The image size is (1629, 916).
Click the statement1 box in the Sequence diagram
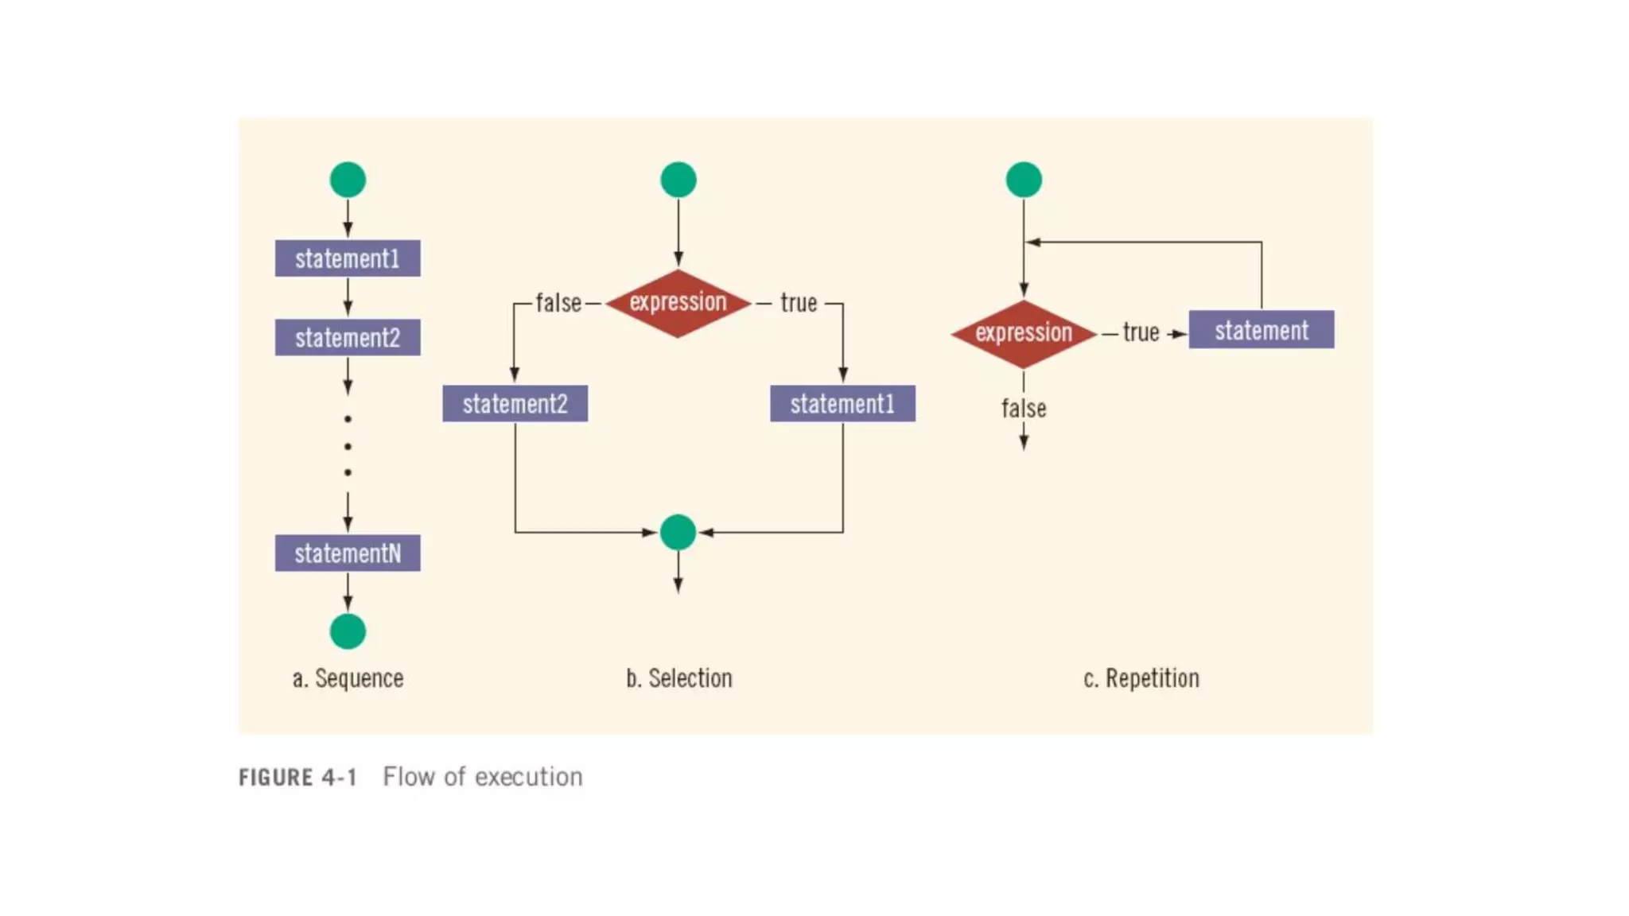(x=348, y=258)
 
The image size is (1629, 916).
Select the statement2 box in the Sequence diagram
(x=348, y=338)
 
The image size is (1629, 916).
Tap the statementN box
(x=348, y=553)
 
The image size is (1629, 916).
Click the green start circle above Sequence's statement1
(x=348, y=180)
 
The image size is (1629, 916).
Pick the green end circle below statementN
(x=348, y=631)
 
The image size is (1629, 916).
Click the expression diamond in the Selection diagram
(x=678, y=303)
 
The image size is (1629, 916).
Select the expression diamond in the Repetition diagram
(x=1024, y=333)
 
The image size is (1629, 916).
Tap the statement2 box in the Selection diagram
(x=515, y=404)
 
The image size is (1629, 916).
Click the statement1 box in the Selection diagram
(x=842, y=404)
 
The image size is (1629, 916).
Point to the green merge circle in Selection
(x=678, y=532)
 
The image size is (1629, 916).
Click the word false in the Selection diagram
(x=558, y=303)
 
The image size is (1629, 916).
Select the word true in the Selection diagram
(x=799, y=303)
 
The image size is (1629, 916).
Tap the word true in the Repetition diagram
(x=1141, y=332)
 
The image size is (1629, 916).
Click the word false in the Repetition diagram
(x=1024, y=409)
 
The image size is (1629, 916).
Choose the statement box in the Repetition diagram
(x=1262, y=330)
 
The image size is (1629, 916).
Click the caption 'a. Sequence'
(x=348, y=678)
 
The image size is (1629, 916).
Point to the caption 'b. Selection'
(x=679, y=678)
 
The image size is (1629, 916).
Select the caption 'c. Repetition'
(x=1141, y=678)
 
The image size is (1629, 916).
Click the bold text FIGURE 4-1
(x=298, y=777)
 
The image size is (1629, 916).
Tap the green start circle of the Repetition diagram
(x=1024, y=180)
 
